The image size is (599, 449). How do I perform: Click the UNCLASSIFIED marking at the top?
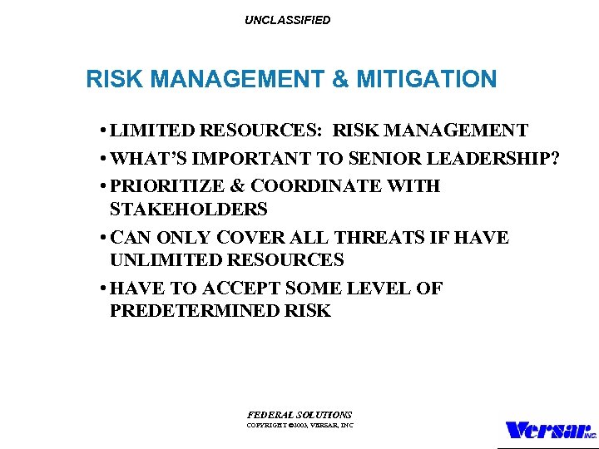click(x=287, y=20)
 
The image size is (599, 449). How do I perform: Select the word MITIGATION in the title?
click(x=426, y=80)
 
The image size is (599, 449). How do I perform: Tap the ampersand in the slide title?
click(x=340, y=80)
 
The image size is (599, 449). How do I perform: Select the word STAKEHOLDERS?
click(x=188, y=209)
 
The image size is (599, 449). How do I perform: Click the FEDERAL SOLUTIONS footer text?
click(x=299, y=414)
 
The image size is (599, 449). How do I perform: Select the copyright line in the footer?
click(x=299, y=425)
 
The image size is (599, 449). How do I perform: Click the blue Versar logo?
click(x=550, y=431)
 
